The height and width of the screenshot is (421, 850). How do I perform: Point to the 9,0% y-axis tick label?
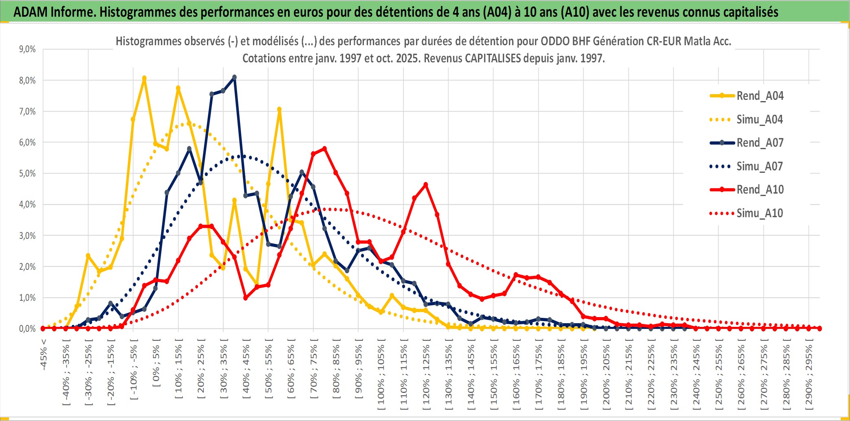(27, 49)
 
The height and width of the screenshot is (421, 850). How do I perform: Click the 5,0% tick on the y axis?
(27, 174)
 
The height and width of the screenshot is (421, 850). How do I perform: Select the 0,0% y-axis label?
(27, 328)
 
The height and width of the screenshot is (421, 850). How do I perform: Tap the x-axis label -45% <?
(44, 355)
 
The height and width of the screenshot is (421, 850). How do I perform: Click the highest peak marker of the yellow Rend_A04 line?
(144, 78)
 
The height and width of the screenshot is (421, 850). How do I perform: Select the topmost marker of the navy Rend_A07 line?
(234, 77)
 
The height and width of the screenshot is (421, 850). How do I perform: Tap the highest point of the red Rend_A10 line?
(324, 149)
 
